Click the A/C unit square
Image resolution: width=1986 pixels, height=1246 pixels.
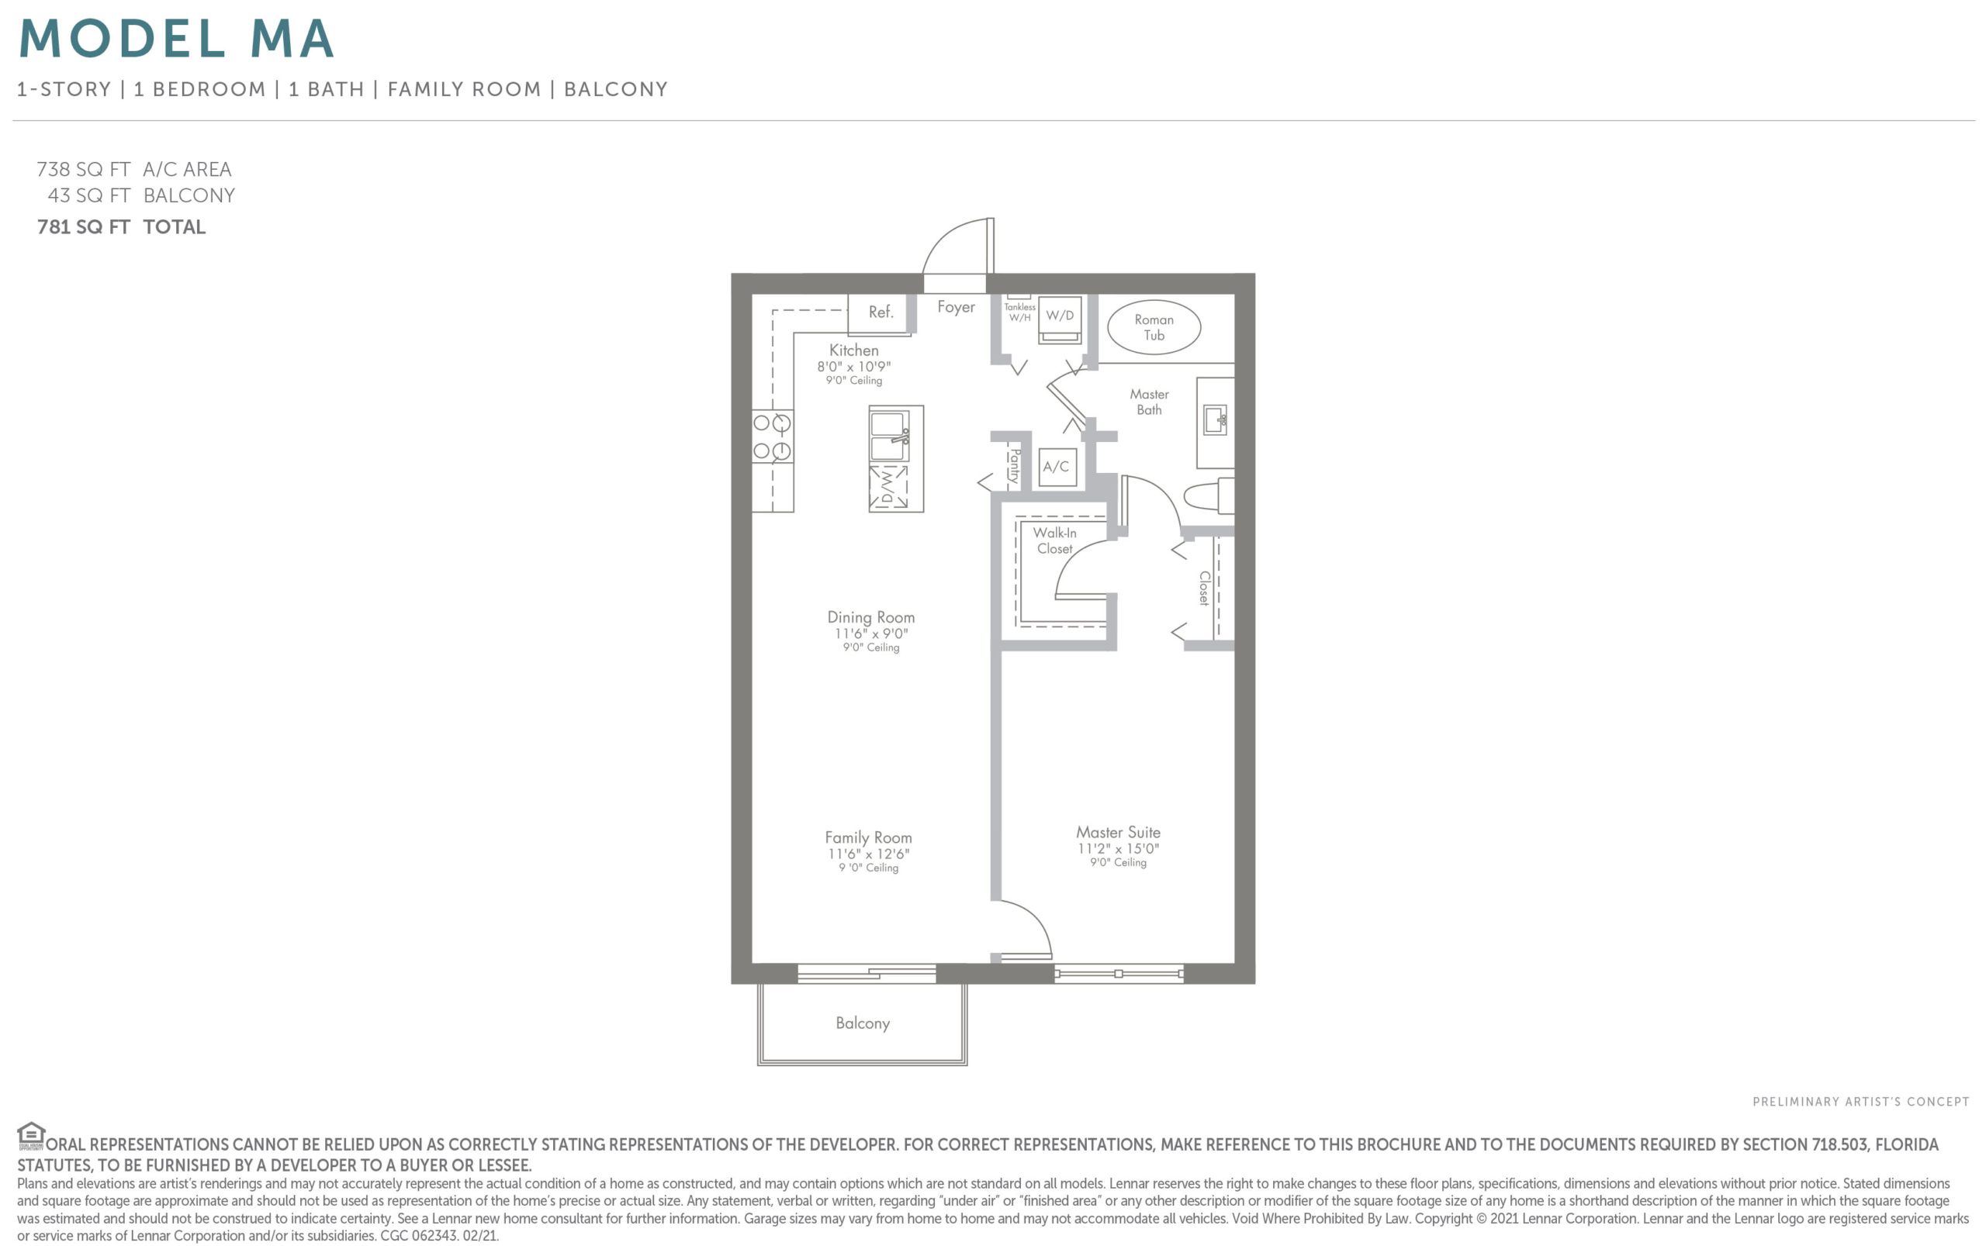point(1057,468)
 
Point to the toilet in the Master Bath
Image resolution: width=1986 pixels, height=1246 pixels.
point(1209,495)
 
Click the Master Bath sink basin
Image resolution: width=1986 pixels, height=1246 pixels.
point(1215,419)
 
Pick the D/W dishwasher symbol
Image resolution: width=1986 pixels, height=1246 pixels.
point(889,487)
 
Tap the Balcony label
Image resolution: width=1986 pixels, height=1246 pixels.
point(863,1023)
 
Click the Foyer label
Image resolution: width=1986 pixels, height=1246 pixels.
point(956,307)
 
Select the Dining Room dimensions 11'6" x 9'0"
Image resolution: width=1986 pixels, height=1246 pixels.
point(870,633)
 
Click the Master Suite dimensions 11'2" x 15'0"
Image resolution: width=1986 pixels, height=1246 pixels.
point(1118,849)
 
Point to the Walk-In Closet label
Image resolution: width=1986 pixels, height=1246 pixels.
point(1054,540)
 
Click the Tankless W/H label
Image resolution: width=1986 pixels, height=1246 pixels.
point(1020,312)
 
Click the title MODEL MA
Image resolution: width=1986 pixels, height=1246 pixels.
point(176,38)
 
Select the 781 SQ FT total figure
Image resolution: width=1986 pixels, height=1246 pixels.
point(83,226)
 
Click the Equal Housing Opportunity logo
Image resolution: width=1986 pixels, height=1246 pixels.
point(30,1136)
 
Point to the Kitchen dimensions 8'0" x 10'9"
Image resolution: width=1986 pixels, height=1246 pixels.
point(853,367)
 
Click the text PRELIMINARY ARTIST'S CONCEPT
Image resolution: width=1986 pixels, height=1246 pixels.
point(1860,1102)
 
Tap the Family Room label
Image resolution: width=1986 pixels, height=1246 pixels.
point(868,838)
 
